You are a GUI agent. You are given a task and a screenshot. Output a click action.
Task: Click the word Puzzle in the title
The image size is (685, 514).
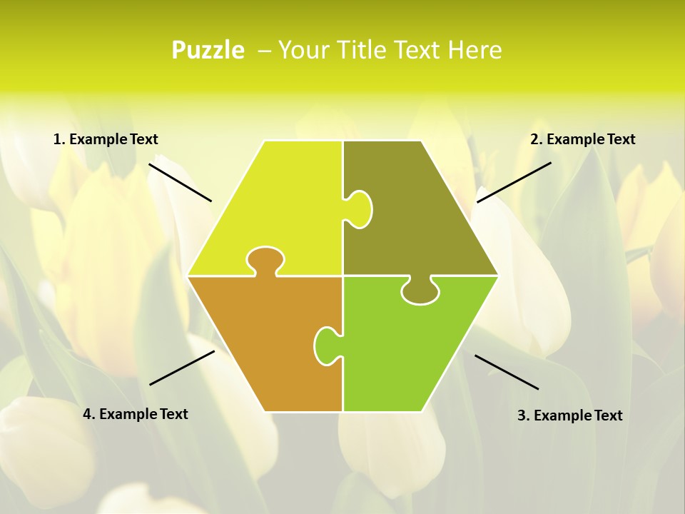pyautogui.click(x=208, y=50)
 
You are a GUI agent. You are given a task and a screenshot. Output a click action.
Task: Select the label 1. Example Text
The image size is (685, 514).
pyautogui.click(x=106, y=139)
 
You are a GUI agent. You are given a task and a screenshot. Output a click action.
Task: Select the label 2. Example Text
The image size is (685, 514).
pyautogui.click(x=582, y=139)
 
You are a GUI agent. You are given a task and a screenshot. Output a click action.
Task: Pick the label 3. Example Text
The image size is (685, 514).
pyautogui.click(x=569, y=415)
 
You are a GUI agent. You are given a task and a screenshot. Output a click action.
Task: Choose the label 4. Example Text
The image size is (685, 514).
pyautogui.click(x=136, y=414)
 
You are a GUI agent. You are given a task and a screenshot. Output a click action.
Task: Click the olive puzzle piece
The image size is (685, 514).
pyautogui.click(x=414, y=214)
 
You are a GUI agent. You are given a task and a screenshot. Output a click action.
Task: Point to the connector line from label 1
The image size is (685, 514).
pyautogui.click(x=180, y=182)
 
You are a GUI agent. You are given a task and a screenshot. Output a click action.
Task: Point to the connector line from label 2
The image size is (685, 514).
pyautogui.click(x=514, y=182)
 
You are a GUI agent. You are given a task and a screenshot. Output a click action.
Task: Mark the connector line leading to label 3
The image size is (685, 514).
pyautogui.click(x=507, y=372)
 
